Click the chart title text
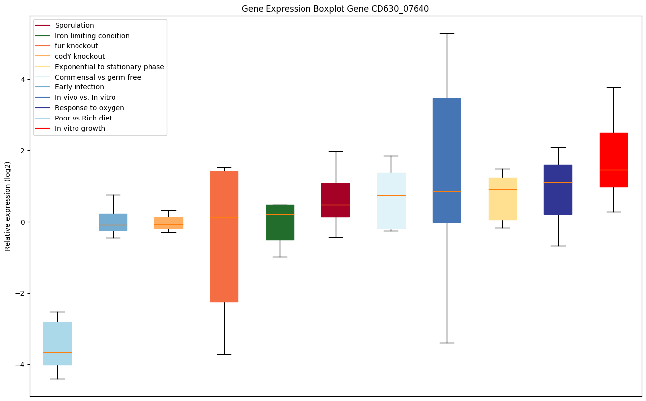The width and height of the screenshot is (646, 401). (332, 9)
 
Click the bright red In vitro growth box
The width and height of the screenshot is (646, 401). (613, 160)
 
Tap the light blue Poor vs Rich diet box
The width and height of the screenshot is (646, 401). (57, 344)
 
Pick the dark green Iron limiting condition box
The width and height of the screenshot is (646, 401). (280, 222)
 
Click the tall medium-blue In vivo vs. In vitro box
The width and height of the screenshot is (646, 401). (447, 160)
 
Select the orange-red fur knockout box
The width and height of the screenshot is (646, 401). (224, 237)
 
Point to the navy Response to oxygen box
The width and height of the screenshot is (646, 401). (558, 190)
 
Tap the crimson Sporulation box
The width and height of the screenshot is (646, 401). (336, 200)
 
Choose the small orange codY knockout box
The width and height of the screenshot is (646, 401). (169, 223)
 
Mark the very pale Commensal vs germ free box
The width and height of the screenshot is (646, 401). (391, 200)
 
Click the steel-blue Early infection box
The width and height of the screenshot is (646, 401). (113, 222)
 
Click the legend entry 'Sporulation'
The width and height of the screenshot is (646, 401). (75, 25)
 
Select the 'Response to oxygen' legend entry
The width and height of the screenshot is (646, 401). (89, 108)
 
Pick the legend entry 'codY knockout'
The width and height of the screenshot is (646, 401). (79, 56)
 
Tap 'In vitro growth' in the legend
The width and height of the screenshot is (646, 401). (80, 128)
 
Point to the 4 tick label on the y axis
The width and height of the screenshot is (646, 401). (23, 79)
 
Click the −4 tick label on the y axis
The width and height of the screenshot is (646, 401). (20, 365)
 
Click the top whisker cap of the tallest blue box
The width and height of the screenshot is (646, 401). (447, 33)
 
